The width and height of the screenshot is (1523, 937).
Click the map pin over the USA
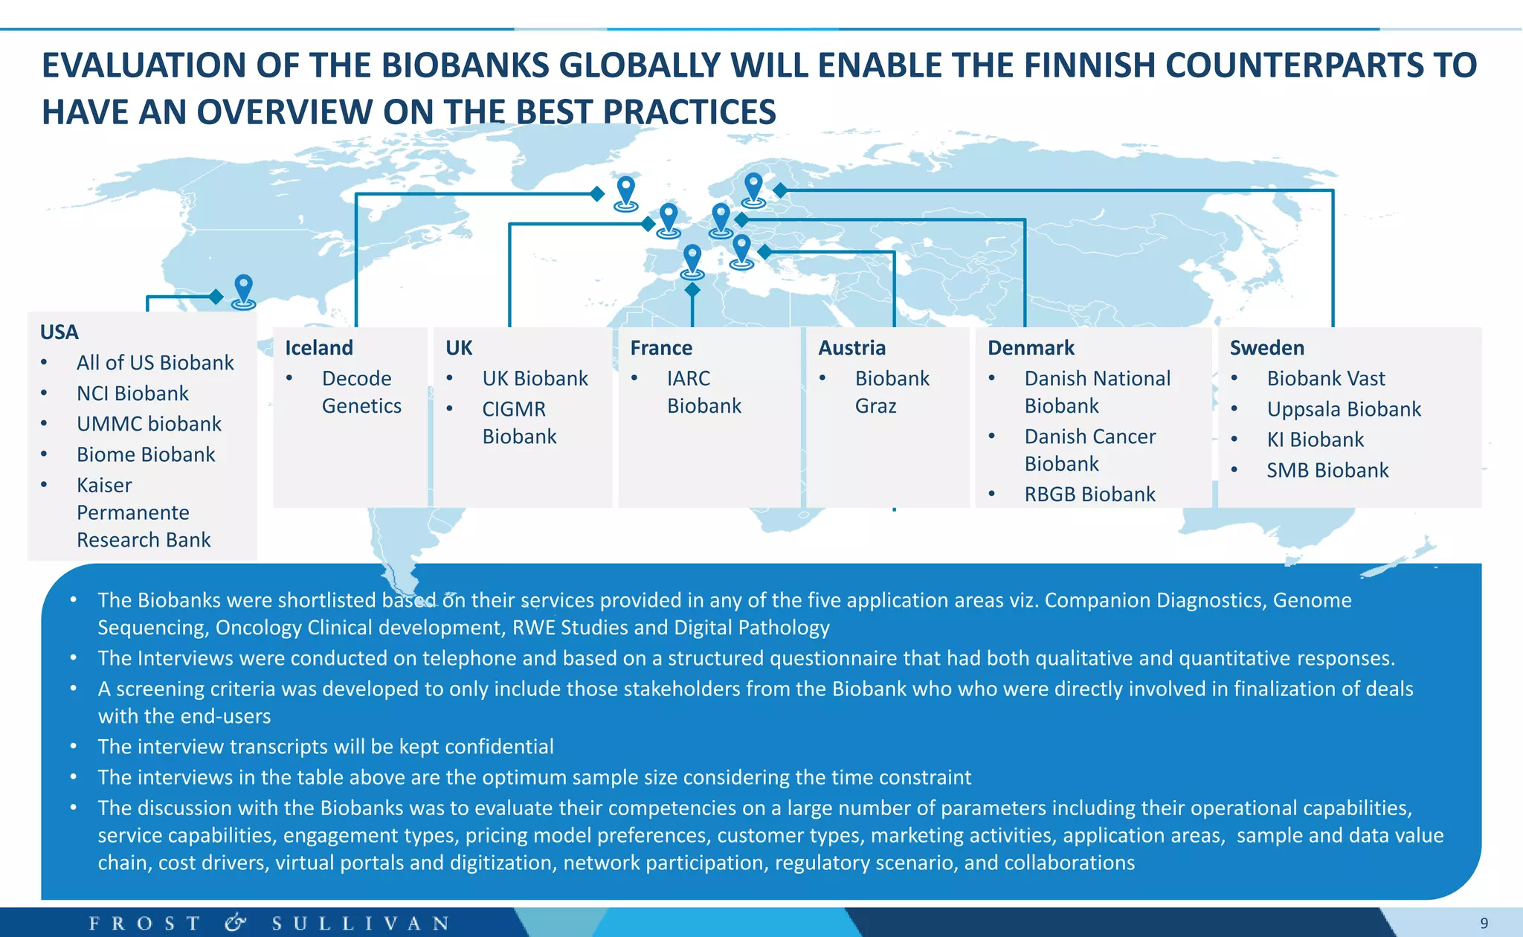click(x=243, y=289)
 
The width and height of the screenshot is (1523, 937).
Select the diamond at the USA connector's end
click(x=216, y=297)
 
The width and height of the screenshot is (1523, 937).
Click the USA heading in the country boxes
click(x=59, y=332)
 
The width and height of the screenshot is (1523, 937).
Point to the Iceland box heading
click(x=319, y=347)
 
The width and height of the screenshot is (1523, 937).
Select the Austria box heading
click(x=851, y=347)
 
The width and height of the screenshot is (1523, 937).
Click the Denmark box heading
click(x=1031, y=347)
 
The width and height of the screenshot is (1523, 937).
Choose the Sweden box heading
click(x=1266, y=347)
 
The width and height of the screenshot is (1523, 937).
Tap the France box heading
click(x=661, y=347)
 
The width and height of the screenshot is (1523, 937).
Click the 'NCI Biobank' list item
click(x=132, y=393)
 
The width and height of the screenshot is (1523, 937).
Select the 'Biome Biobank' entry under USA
click(x=146, y=454)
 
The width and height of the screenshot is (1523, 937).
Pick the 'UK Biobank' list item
click(x=535, y=378)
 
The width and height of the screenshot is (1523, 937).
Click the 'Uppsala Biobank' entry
click(x=1344, y=408)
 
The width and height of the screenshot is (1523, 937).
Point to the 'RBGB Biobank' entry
click(x=1089, y=494)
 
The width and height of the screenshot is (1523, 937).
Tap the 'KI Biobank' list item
click(x=1315, y=439)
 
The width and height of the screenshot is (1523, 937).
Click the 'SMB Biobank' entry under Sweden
click(x=1327, y=469)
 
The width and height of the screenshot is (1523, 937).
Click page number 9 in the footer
click(x=1484, y=923)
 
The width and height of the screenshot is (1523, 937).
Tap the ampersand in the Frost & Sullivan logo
click(x=235, y=923)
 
